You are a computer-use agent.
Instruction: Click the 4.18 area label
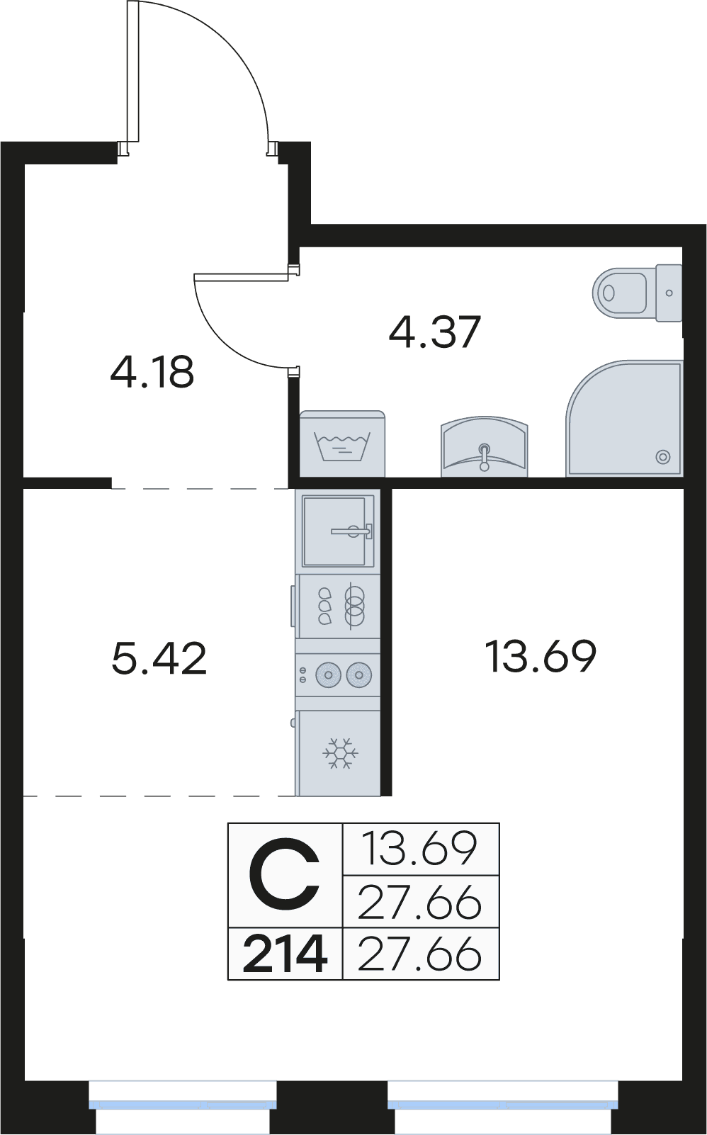coord(152,372)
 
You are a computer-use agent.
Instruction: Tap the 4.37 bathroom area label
coord(434,332)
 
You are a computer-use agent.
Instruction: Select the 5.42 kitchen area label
coord(159,657)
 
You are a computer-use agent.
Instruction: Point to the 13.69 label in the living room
coord(541,656)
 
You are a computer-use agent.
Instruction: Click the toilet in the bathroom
coord(637,293)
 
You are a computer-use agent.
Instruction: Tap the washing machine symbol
coord(342,444)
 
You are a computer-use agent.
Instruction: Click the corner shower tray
coord(624,419)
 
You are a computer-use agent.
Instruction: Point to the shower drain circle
coord(663,457)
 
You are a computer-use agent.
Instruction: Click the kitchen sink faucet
coord(351,531)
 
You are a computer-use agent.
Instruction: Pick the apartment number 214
coord(284,954)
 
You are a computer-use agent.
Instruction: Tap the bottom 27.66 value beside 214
coord(419,954)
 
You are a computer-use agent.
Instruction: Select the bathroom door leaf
coord(242,276)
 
